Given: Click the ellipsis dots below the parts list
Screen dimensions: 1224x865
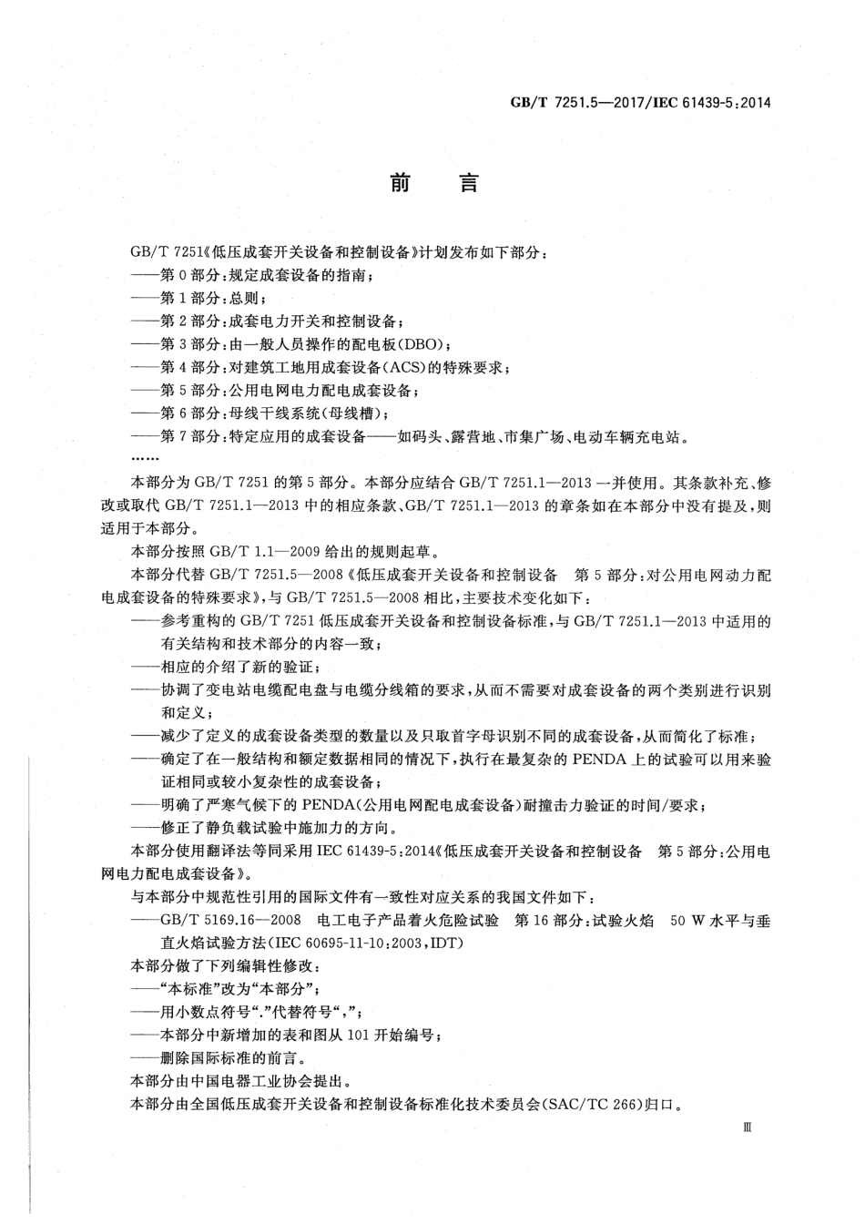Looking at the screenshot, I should click(x=146, y=458).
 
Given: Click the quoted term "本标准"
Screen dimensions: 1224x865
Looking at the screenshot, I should click(x=185, y=989).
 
